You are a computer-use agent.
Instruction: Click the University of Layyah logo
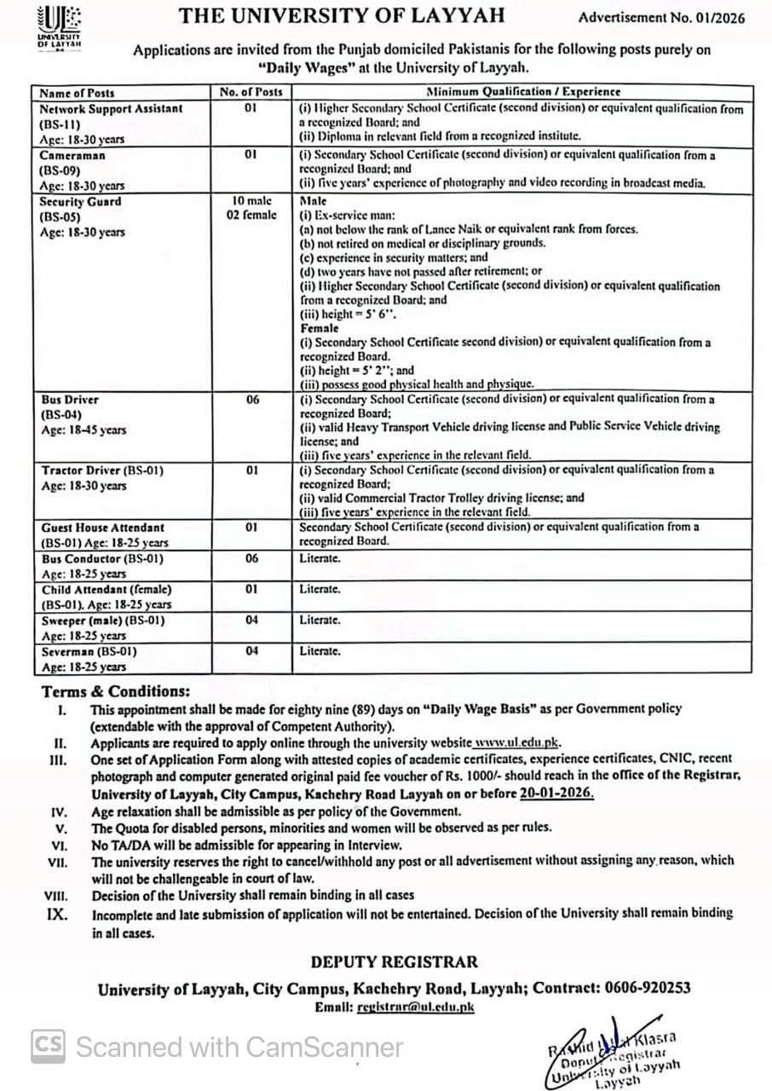(x=59, y=25)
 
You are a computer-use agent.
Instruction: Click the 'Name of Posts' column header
(x=77, y=92)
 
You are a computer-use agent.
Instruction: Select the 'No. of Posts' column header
(x=251, y=92)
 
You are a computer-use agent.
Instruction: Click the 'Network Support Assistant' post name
(x=111, y=108)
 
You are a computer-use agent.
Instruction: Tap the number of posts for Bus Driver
(x=252, y=399)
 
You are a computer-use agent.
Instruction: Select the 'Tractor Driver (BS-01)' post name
(x=102, y=470)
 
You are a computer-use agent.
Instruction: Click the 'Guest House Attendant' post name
(x=102, y=528)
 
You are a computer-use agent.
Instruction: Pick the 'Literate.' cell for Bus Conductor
(x=320, y=558)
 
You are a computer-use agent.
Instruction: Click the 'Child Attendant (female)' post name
(x=106, y=589)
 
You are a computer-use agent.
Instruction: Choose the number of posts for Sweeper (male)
(x=252, y=620)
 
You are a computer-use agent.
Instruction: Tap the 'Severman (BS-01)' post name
(x=89, y=650)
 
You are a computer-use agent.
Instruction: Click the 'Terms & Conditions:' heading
(x=116, y=691)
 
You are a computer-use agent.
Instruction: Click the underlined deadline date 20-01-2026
(x=556, y=793)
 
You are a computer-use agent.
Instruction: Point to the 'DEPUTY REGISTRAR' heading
(x=394, y=961)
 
